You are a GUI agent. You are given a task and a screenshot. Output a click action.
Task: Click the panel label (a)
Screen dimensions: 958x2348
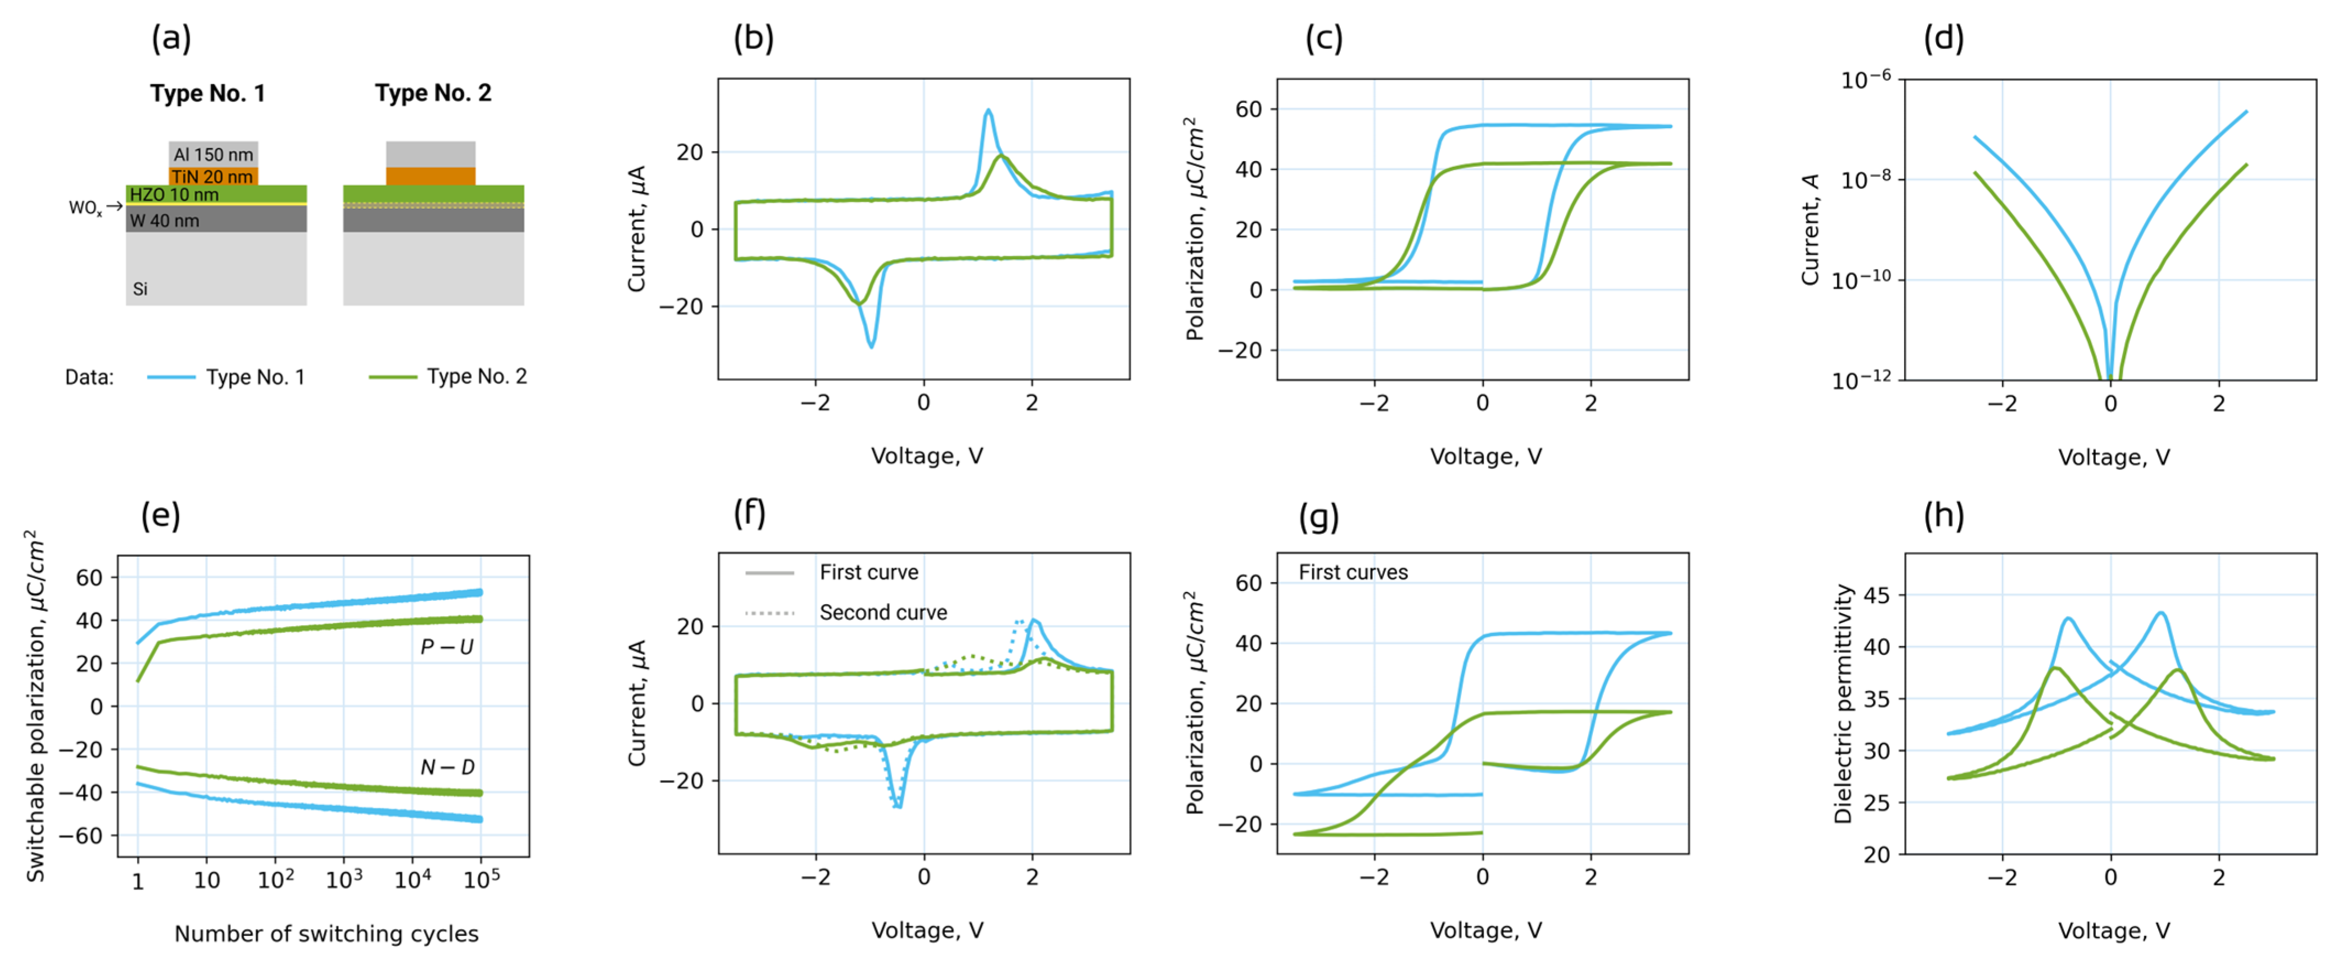172,39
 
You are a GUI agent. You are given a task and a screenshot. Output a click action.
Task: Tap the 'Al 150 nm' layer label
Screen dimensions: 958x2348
213,154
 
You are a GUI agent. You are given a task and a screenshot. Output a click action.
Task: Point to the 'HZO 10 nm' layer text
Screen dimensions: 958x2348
174,194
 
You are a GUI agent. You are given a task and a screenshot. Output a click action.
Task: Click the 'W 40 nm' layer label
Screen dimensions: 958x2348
164,221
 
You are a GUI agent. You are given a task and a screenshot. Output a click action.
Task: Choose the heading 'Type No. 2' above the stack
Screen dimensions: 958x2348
433,93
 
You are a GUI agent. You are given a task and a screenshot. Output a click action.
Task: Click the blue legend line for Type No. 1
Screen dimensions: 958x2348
172,376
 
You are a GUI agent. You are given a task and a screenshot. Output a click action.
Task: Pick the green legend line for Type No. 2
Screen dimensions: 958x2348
393,376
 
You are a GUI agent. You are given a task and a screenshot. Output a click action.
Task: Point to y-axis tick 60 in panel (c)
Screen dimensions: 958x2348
1249,110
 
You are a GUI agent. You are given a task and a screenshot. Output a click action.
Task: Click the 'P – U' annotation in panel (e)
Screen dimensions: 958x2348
447,647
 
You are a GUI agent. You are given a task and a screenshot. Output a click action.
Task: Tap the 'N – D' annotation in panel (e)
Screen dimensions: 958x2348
447,767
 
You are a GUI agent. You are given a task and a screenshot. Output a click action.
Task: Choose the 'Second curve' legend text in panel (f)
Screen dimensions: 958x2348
882,612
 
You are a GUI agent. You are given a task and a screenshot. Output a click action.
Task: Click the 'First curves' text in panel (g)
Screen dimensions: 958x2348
1352,572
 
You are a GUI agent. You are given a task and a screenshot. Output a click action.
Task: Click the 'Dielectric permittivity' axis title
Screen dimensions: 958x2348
1843,704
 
